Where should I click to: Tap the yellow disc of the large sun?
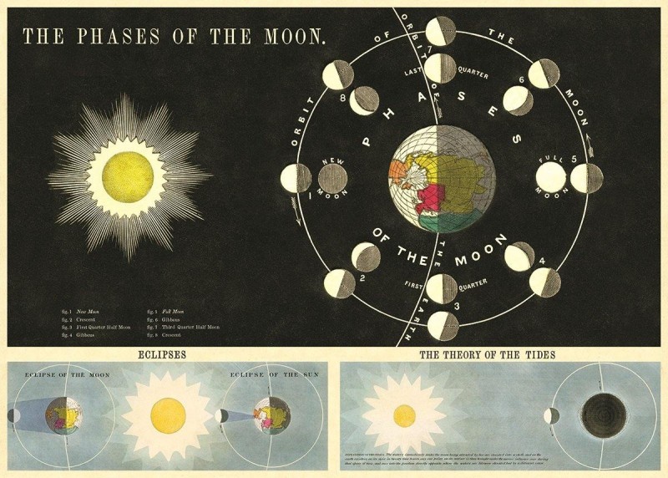127,176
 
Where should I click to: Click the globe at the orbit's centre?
442,178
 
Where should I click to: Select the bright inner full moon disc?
551,178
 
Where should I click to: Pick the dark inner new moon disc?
334,178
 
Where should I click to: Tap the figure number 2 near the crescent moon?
362,277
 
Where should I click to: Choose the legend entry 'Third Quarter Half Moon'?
191,327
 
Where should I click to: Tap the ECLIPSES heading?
167,354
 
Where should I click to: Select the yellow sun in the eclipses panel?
167,415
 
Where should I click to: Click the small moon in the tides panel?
553,415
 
